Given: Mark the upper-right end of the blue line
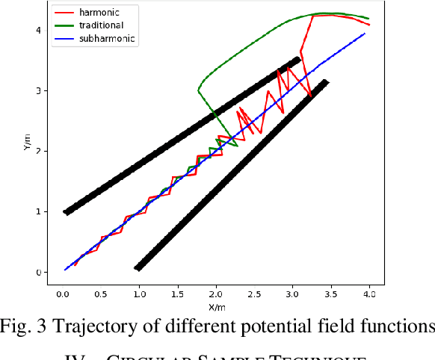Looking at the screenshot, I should [365, 34].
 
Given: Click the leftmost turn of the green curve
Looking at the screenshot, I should [198, 90].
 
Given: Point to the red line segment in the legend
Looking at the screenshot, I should [66, 12].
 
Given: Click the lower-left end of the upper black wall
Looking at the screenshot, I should [66, 212].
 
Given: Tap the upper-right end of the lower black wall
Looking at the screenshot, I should [325, 82].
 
